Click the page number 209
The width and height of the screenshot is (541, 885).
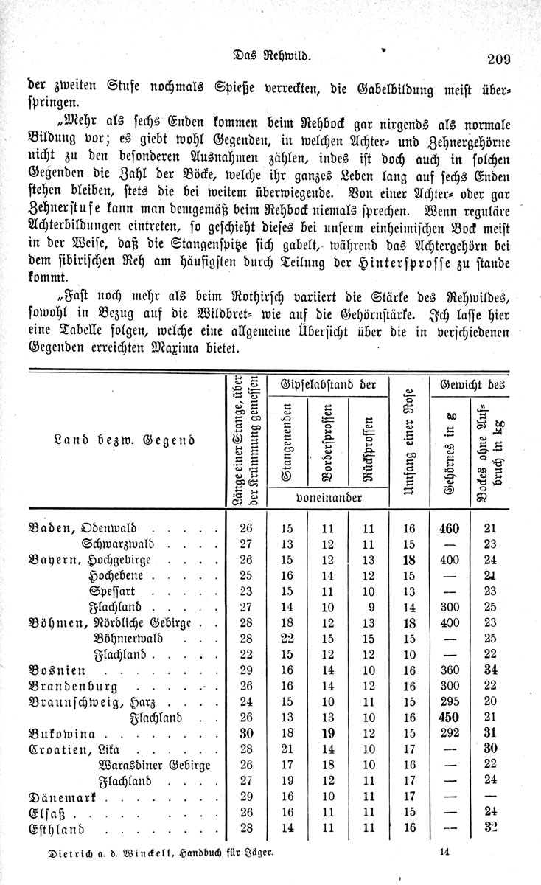tap(498, 60)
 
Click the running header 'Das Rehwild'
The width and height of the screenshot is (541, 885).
tap(270, 55)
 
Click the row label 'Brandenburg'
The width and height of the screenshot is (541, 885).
tap(75, 685)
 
